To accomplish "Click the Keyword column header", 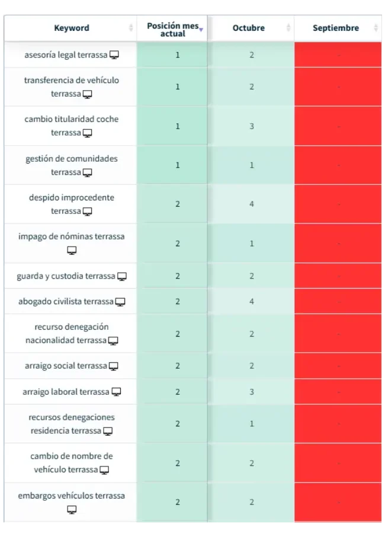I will [x=72, y=28].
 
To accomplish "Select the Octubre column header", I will [x=249, y=28].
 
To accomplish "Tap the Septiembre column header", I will [x=336, y=28].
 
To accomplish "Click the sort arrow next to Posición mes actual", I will [x=201, y=29].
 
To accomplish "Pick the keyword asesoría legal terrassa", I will [x=66, y=55].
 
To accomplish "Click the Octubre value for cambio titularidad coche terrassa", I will [x=252, y=126].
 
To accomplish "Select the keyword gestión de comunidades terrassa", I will [x=72, y=165].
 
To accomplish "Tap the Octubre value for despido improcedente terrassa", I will [x=252, y=204].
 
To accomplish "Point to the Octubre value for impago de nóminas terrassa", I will [x=252, y=243].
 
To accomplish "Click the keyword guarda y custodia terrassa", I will [x=66, y=276].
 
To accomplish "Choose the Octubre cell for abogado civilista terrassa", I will [x=252, y=302].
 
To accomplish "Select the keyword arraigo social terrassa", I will [x=65, y=366].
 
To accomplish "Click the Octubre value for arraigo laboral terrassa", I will [x=252, y=392].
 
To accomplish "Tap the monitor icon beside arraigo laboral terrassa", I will [x=117, y=392].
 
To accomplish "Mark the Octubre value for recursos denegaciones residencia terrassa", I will [x=252, y=424].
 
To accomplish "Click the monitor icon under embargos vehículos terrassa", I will [x=72, y=510].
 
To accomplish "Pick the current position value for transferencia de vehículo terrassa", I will [x=178, y=87].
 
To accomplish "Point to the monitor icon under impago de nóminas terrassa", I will [x=72, y=251].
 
